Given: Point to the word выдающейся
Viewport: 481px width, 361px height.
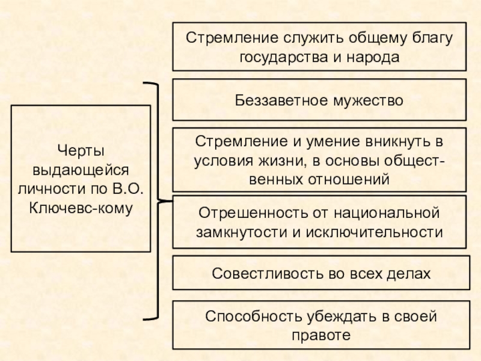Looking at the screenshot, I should pyautogui.click(x=81, y=168).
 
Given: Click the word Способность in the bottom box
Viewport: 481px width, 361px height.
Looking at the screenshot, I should pyautogui.click(x=242, y=316).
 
